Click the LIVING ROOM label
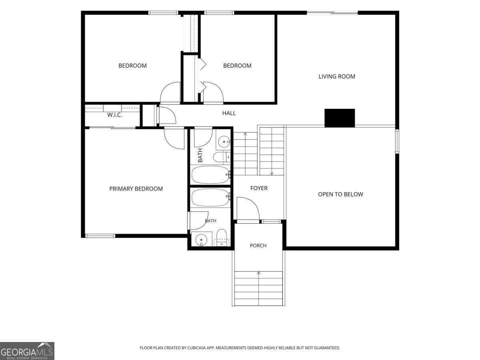click(337, 76)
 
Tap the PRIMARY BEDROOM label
click(136, 189)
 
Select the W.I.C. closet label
click(114, 115)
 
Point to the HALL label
click(229, 113)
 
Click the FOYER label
click(259, 188)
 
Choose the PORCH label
click(258, 246)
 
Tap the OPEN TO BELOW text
click(340, 194)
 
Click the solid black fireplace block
click(340, 118)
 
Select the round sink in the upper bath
click(224, 142)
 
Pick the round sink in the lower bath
click(201, 240)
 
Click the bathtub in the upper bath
click(211, 175)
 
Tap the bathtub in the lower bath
click(211, 198)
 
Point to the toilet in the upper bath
click(222, 157)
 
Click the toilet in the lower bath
click(222, 238)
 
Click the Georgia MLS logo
click(27, 351)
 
